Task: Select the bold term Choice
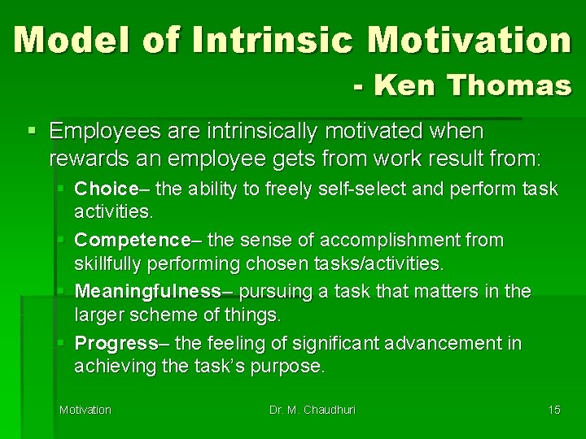[106, 189]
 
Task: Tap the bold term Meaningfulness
[148, 291]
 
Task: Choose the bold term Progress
[116, 343]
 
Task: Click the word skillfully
[108, 263]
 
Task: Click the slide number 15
[553, 410]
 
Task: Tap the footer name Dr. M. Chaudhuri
[313, 410]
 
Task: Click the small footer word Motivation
[85, 410]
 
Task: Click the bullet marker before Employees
[32, 131]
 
